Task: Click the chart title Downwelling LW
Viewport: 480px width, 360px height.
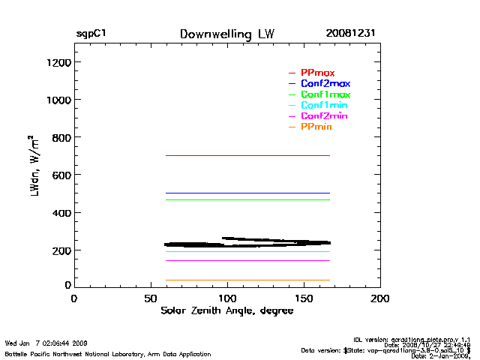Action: [x=227, y=34]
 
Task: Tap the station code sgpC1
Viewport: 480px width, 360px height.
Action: [x=91, y=34]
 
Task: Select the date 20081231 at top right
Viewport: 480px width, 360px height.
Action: [x=350, y=34]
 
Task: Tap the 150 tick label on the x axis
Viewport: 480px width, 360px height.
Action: [x=304, y=298]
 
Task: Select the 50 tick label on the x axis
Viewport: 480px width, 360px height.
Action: [x=150, y=298]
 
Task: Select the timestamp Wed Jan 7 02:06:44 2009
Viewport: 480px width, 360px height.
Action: [x=46, y=343]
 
